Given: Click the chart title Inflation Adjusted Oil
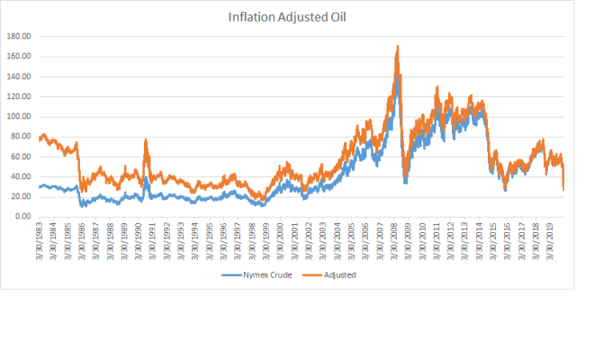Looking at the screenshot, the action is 287,17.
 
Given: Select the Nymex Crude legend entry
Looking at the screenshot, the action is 256,274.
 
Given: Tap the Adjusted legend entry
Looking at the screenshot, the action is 329,274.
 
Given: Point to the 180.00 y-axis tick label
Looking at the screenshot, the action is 19,36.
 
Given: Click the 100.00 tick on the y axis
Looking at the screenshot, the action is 19,116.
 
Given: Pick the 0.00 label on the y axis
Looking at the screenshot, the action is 23,216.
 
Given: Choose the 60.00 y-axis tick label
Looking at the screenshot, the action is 21,157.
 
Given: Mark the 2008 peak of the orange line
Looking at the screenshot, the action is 398,46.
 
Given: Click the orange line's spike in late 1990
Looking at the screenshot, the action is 146,139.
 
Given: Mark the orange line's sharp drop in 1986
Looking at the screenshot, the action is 79,168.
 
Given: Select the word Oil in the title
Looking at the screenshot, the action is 338,17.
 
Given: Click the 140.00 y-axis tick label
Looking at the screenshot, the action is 19,76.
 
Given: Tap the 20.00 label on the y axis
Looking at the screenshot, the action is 21,196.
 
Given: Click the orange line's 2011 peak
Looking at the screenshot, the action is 437,86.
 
